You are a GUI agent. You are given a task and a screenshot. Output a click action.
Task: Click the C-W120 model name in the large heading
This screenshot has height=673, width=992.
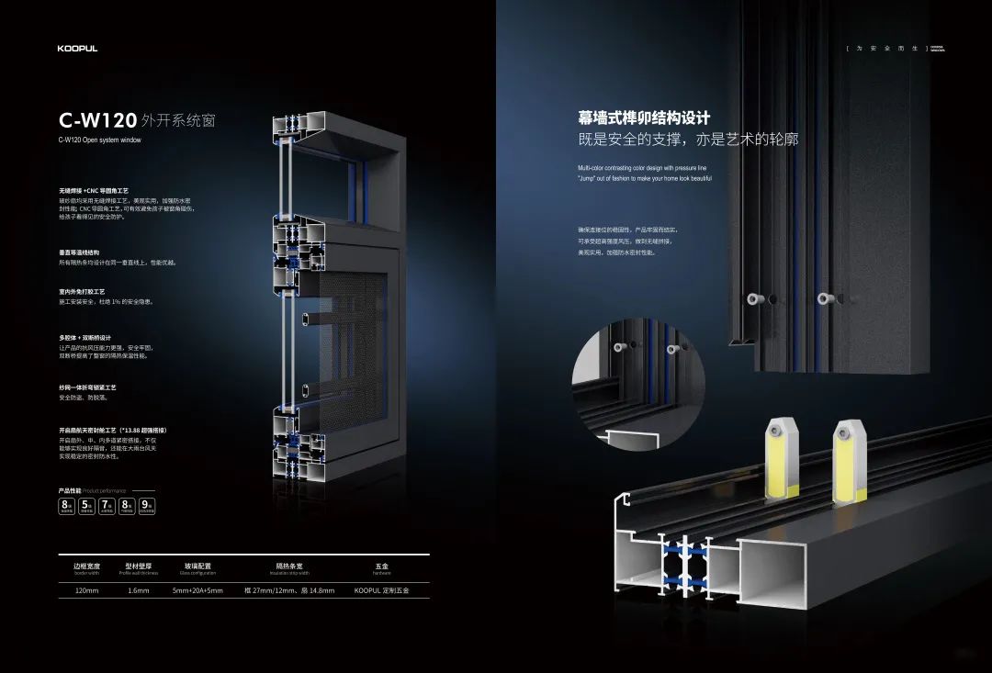(x=98, y=119)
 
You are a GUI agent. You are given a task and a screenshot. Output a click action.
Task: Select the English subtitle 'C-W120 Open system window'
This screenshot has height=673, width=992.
(x=100, y=140)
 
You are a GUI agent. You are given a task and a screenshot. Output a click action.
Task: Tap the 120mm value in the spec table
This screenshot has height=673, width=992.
(x=86, y=590)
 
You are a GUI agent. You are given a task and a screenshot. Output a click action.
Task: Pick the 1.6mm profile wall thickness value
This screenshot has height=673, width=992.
(x=139, y=590)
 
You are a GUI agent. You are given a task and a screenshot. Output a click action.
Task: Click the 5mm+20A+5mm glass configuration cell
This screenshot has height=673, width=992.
(x=197, y=590)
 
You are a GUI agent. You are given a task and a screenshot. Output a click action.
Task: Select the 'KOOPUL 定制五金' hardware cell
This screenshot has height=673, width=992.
(x=381, y=590)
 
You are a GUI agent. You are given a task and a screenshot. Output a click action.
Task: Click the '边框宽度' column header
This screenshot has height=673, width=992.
(x=86, y=566)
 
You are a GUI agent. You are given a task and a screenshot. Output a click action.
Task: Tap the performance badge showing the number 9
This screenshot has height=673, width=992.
(x=147, y=505)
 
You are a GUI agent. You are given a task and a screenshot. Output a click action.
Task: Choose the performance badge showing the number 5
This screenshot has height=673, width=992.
(x=86, y=505)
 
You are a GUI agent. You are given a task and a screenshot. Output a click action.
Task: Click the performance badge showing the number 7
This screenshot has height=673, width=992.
(x=107, y=505)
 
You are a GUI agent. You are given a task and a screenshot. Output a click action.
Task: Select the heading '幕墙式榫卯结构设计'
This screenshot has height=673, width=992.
(x=644, y=118)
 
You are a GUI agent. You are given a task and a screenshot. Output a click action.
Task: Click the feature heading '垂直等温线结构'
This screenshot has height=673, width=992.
(x=79, y=252)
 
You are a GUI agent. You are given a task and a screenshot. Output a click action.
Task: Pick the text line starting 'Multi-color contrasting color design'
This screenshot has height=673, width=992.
(x=642, y=168)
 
